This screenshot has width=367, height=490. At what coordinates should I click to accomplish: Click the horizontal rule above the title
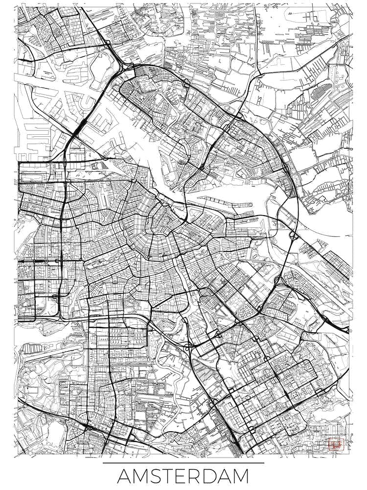coord(183,463)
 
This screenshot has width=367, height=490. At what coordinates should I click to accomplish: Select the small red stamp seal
coord(335,445)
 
